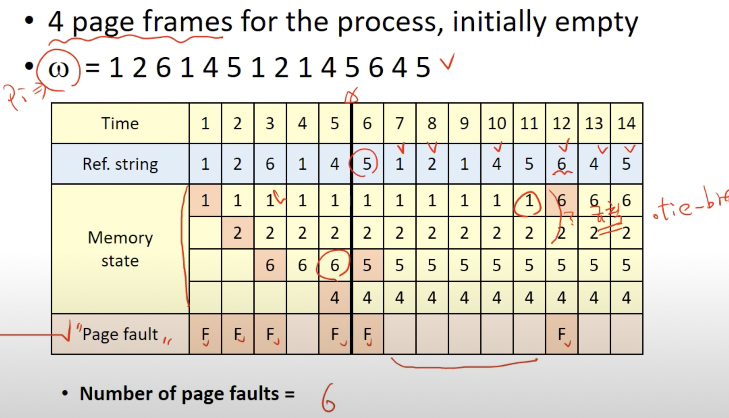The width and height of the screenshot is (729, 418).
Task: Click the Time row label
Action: coord(120,123)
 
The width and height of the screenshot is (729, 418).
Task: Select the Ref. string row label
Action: coord(120,164)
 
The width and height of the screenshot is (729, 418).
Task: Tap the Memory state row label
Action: coord(120,249)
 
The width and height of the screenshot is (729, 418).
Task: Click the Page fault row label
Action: coord(120,334)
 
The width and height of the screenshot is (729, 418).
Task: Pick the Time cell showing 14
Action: coord(626,123)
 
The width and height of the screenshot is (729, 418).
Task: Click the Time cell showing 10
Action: coord(497,123)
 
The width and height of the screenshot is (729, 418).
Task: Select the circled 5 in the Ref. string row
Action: coord(367,164)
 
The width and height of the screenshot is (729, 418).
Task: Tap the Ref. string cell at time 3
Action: coord(270,164)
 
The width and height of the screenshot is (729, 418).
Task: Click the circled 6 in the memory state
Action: coord(334,265)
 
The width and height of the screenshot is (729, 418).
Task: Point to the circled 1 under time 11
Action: coord(529,201)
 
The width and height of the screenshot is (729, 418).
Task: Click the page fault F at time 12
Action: coord(562,334)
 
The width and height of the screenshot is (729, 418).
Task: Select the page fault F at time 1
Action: coord(205,334)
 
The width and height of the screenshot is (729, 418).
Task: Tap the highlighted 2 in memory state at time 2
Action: coord(238,233)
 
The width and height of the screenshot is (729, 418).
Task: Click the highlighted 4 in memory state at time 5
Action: coord(334,298)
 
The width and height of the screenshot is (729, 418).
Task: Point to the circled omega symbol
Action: coord(58,69)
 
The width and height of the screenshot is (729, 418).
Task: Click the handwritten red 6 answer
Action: coord(328,398)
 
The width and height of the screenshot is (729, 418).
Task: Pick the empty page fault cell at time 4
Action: coord(302,334)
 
